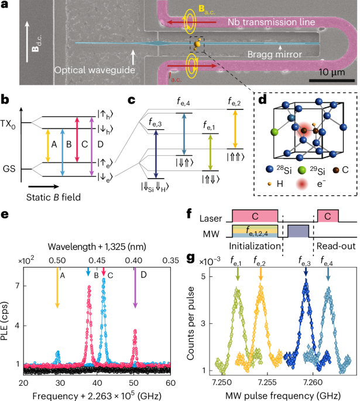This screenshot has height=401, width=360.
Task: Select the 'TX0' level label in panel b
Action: click(8, 125)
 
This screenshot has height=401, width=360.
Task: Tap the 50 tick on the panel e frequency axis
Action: click(134, 382)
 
